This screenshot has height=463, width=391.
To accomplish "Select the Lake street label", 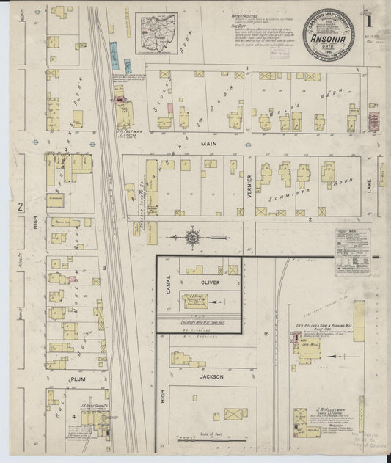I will (x=381, y=174).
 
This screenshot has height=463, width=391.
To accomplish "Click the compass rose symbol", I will (x=193, y=238).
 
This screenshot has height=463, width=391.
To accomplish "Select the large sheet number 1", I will (x=369, y=20).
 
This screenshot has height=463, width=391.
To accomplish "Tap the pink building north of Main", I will (x=170, y=109).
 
